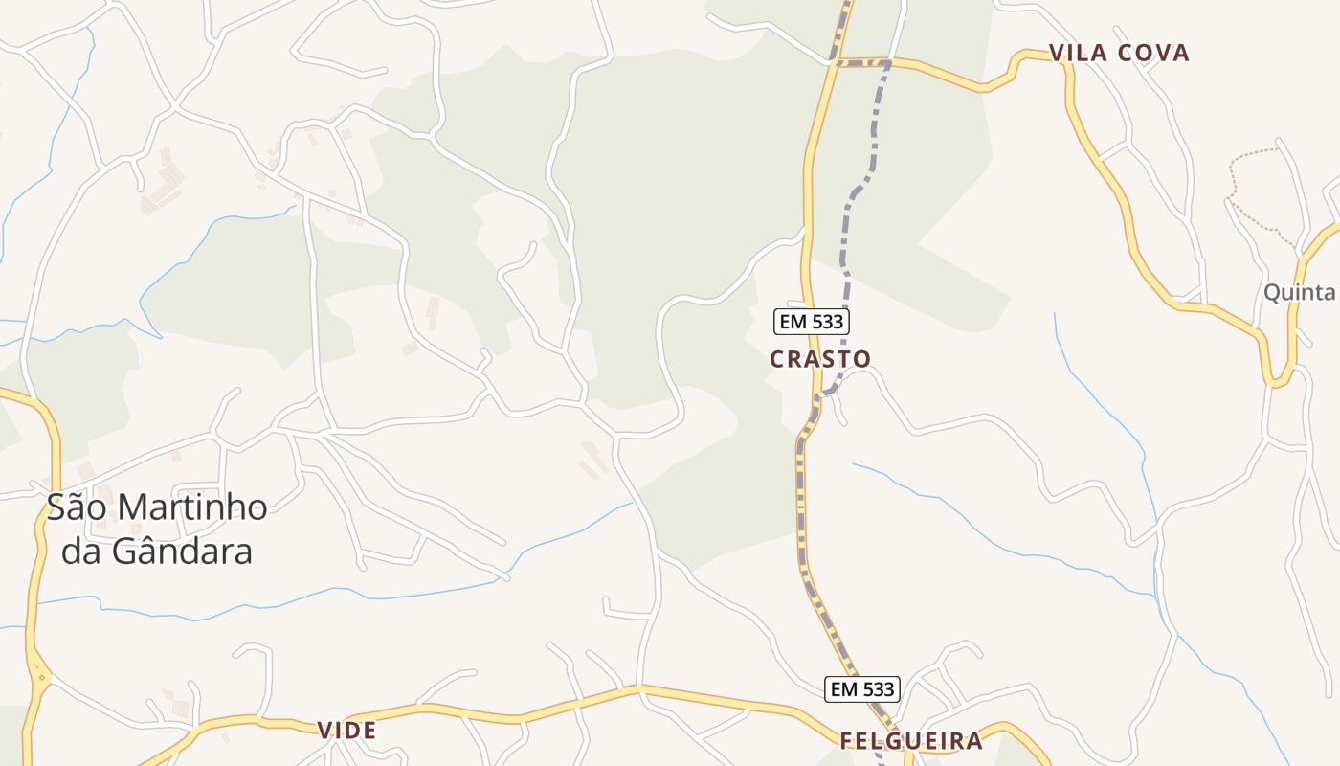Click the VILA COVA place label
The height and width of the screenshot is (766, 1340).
click(1119, 54)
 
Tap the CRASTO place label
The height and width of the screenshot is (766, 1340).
click(820, 359)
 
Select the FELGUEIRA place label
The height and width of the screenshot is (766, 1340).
click(911, 741)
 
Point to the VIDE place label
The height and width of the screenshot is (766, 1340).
click(346, 731)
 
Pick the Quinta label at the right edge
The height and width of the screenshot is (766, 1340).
click(1299, 293)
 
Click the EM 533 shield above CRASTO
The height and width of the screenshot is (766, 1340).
click(812, 322)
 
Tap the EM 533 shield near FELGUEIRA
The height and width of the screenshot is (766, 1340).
click(861, 688)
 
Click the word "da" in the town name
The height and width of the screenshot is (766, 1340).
click(80, 552)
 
